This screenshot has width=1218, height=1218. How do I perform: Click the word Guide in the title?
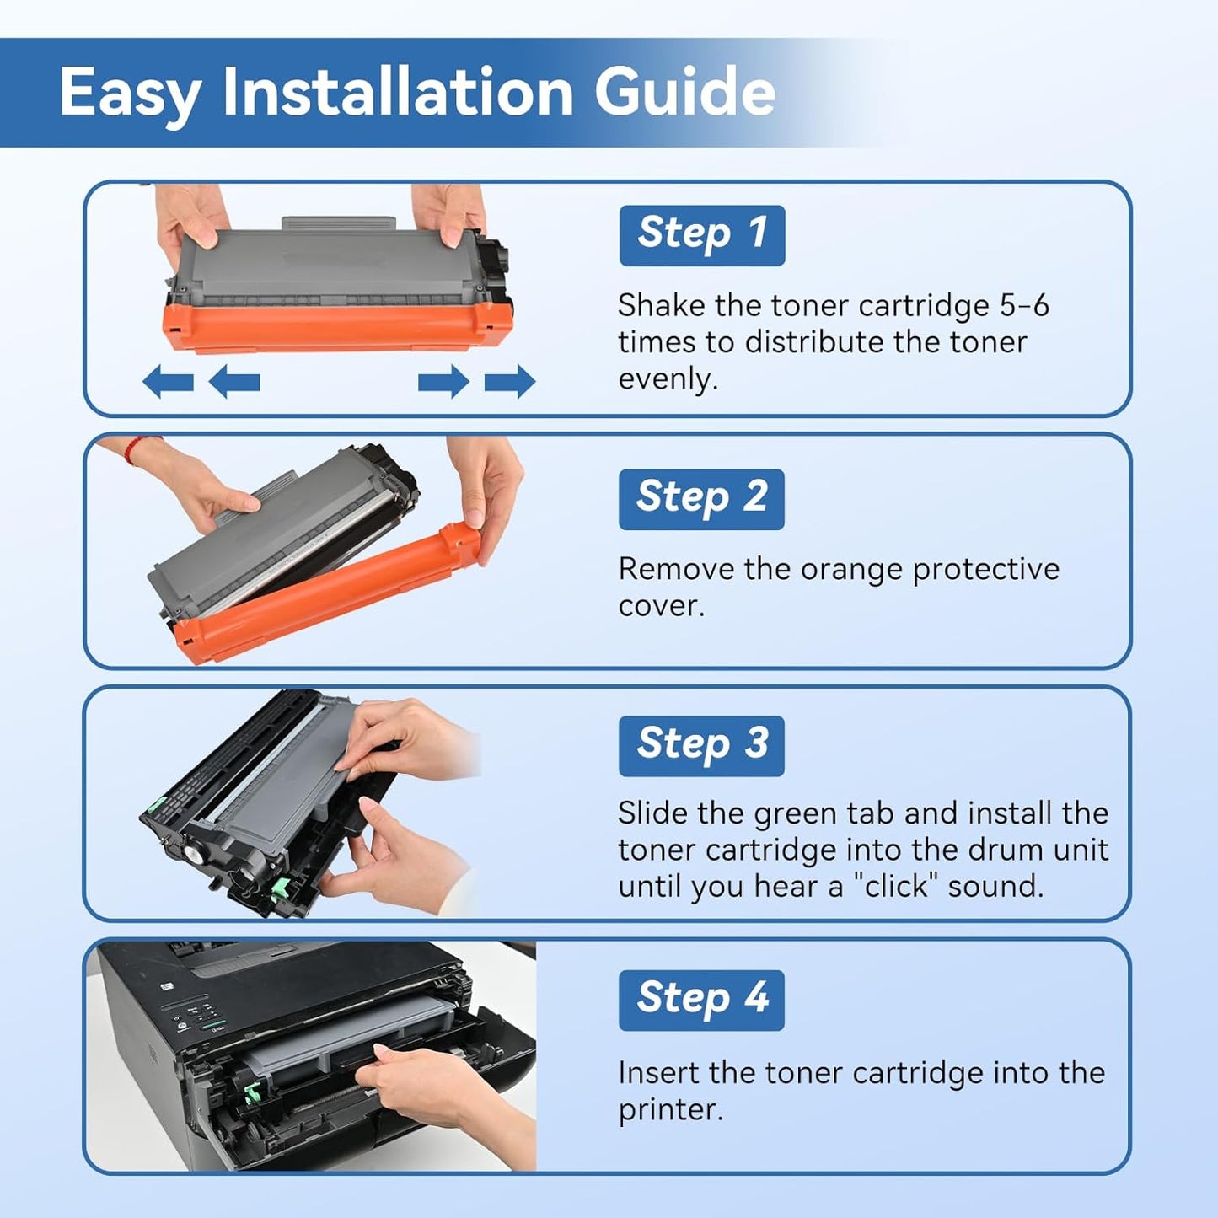point(684,92)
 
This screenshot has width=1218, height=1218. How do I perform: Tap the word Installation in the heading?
point(398,92)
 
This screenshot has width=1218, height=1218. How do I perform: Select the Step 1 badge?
point(701,234)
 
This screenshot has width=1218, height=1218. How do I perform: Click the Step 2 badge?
point(701,498)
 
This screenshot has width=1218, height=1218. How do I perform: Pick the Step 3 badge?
point(701,745)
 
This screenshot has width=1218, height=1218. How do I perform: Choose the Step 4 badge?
point(701,1000)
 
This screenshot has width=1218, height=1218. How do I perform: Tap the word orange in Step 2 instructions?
point(851,569)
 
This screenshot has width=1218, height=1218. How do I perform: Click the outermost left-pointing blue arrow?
point(168,382)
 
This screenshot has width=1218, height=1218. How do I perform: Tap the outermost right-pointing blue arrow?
point(510,382)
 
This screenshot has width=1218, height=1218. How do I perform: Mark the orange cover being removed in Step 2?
point(329,590)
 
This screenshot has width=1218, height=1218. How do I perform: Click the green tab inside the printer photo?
point(250,1093)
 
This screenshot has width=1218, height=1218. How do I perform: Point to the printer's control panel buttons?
point(198,1016)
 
